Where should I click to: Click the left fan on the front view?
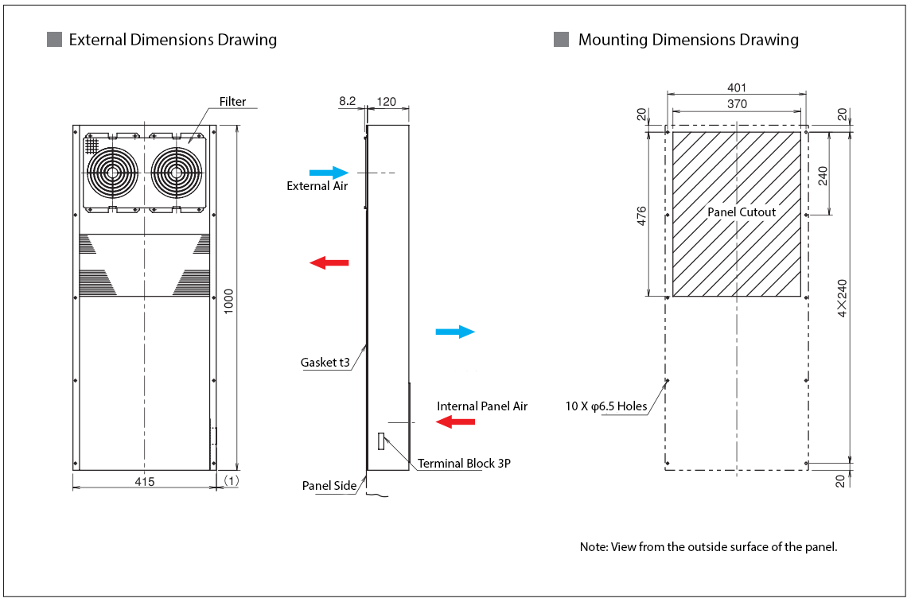tap(111, 172)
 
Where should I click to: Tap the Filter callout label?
tap(232, 102)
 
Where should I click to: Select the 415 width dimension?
tap(144, 481)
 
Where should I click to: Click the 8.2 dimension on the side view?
tap(348, 101)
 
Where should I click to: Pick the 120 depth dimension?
tap(387, 101)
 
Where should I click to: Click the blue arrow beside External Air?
tap(329, 172)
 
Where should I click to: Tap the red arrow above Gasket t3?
tap(329, 262)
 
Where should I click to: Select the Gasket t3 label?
tap(325, 363)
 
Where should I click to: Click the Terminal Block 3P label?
tap(464, 464)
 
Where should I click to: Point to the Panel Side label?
tap(329, 486)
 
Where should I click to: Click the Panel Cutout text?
tap(742, 212)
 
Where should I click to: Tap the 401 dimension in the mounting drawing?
tap(737, 88)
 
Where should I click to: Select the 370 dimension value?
tap(737, 104)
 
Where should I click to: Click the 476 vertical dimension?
tap(642, 216)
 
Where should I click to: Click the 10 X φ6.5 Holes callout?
tap(606, 406)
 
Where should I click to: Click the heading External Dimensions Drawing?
tap(173, 40)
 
